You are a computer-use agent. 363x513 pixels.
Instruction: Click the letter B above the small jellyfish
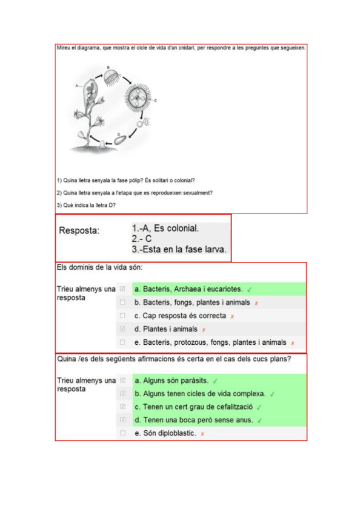(108, 67)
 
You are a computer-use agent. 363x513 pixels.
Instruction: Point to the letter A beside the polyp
(77, 86)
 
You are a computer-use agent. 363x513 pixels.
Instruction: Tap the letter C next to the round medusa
(156, 100)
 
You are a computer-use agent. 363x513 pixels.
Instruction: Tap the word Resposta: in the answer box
(79, 230)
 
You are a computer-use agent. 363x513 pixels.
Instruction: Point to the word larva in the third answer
(214, 249)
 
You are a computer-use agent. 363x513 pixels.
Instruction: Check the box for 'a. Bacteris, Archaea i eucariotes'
(123, 289)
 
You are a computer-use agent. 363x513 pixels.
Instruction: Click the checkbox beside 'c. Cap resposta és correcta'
(123, 316)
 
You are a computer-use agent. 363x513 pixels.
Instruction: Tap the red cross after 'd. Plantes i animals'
(204, 330)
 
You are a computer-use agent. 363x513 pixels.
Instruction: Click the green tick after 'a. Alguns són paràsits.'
(215, 381)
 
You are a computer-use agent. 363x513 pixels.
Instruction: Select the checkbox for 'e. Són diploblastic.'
(123, 433)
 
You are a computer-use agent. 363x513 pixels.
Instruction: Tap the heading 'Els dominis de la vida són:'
(99, 267)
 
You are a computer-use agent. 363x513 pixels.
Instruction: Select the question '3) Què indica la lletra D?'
(87, 205)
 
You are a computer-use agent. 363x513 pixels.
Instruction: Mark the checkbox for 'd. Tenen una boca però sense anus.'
(123, 420)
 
